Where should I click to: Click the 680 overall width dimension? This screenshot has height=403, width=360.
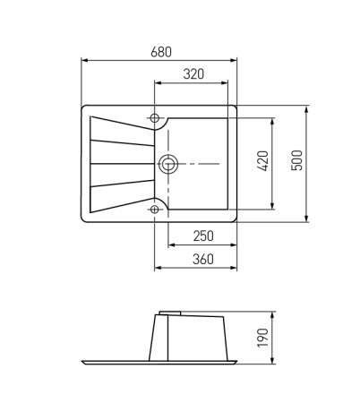tap(161, 50)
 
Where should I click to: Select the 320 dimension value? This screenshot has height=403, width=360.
tap(194, 75)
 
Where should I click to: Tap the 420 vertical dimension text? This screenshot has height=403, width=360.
tap(261, 162)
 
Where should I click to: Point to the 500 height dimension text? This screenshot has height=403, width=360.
tap(297, 162)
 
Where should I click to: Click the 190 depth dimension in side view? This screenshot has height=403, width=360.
tap(261, 339)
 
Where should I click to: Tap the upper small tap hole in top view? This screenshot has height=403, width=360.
tap(155, 118)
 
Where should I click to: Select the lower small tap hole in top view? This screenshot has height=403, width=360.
tap(155, 209)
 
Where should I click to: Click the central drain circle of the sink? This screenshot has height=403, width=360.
tap(167, 164)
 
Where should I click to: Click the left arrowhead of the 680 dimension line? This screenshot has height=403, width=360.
tap(84, 60)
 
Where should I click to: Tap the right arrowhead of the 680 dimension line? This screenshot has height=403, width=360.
tap(238, 60)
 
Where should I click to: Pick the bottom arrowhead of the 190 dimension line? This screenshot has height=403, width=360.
tap(271, 360)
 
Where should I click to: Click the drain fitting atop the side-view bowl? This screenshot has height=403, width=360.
tap(167, 313)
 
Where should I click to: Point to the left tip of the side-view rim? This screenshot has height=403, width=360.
tap(83, 363)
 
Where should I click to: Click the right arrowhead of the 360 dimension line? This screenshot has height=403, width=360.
tap(238, 267)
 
